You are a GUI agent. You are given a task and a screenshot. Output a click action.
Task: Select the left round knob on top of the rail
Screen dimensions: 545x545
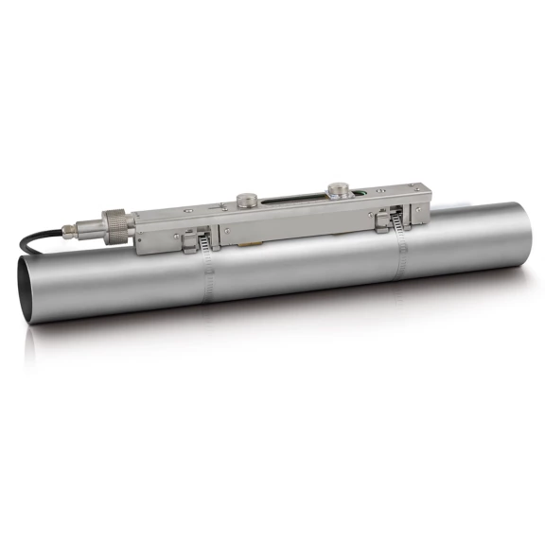(247, 200)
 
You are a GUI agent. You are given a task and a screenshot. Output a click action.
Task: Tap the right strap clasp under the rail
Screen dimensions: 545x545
(385, 220)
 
